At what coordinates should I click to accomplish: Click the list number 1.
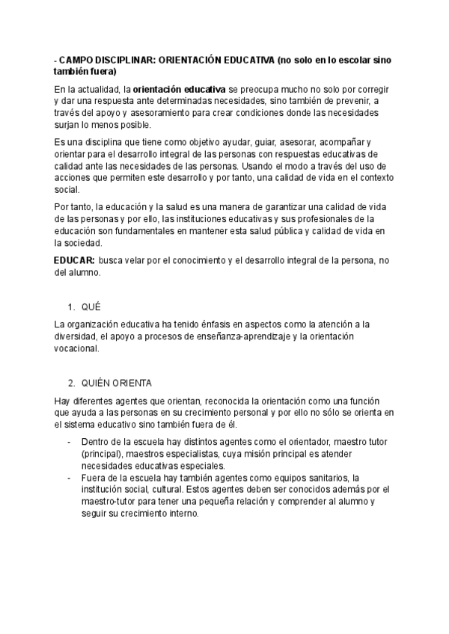coord(70,307)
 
